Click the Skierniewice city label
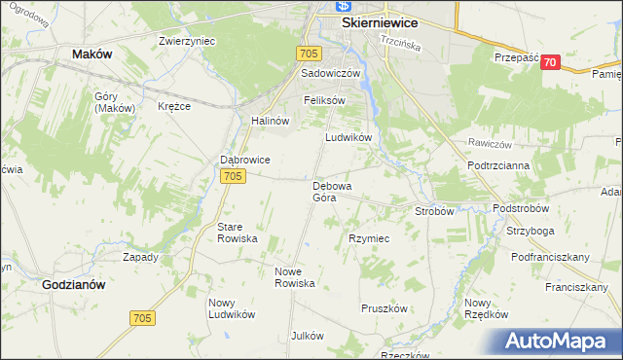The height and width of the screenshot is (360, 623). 379,20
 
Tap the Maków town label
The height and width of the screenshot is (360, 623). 92,54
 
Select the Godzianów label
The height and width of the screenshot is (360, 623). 74,285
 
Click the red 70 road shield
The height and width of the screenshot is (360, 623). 551,62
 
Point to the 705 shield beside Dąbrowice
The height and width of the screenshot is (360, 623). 232,176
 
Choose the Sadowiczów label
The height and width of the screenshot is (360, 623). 331,73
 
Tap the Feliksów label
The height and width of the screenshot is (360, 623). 324,100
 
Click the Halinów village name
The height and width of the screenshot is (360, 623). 271,121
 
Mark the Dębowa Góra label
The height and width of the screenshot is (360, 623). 331,191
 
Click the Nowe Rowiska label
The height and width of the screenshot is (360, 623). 295,277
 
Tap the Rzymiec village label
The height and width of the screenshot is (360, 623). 369,238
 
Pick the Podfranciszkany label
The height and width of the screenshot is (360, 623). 551,257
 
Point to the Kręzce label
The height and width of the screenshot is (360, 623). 175,106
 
